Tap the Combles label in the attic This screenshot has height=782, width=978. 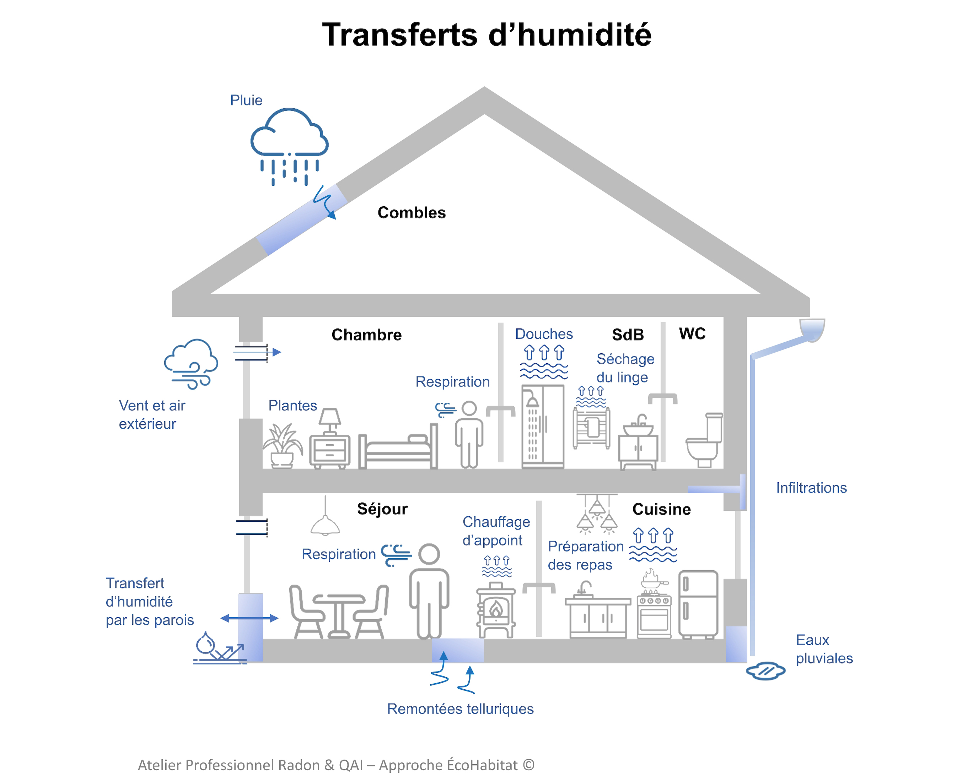pos(412,213)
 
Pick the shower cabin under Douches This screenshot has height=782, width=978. pos(543,426)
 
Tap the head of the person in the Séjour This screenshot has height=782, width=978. pos(429,554)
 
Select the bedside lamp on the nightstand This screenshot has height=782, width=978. pos(330,419)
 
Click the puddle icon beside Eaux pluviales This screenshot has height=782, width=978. pos(766,670)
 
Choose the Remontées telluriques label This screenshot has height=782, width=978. pos(460,708)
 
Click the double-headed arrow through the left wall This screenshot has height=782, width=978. pos(249,618)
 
